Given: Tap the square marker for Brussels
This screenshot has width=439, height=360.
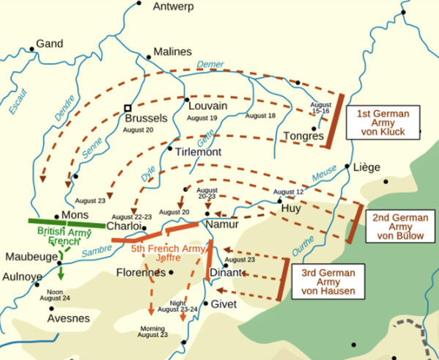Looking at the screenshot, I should point(128,106).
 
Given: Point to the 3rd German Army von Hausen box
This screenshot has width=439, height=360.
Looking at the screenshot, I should point(328,283).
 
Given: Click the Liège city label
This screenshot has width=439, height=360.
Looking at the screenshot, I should point(366,167).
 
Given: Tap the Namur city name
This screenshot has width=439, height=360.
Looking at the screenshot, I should point(223,224).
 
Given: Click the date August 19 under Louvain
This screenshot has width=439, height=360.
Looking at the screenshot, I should point(202,118).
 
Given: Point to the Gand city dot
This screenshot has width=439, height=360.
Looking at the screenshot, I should point(32,50).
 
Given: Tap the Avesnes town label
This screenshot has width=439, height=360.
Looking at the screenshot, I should point(68,319).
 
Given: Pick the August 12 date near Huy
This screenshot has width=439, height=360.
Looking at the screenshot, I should point(288,192).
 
